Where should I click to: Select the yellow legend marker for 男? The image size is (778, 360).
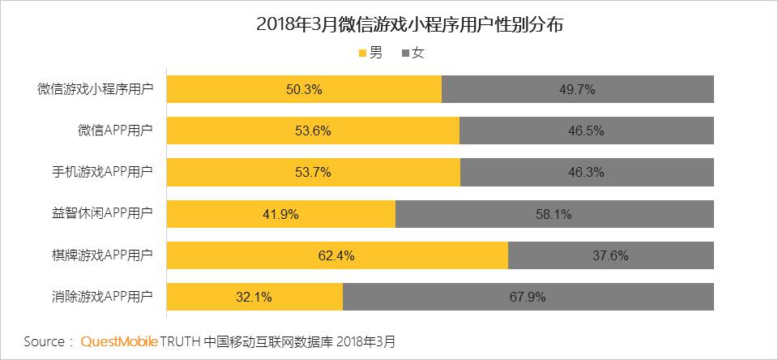point(362,54)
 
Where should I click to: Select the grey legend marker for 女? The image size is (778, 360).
point(405,54)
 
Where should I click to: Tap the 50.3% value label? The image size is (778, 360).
point(304,90)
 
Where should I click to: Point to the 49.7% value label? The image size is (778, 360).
point(577,90)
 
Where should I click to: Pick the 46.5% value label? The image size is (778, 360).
point(586,131)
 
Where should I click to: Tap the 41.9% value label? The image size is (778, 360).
point(280,214)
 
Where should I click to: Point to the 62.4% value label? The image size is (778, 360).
point(336,255)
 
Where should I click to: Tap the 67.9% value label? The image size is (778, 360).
point(528,297)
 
